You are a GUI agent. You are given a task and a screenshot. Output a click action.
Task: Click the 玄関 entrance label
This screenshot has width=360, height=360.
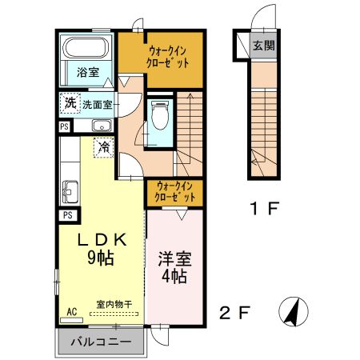pos(263,44)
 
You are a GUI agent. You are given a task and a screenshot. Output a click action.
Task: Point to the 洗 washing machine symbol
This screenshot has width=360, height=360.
pos(70,103)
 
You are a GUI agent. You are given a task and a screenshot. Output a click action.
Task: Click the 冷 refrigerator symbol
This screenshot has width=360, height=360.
pos(103,147)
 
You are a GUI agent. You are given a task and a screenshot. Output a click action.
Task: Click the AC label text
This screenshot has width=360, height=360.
pos(71,311)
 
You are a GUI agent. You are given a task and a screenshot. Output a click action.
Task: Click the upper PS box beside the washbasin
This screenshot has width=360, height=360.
pos(64,126)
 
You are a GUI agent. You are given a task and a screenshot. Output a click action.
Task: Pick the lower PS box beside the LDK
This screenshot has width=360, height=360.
pos(68,214)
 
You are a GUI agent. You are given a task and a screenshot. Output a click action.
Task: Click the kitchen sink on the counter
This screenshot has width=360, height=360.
pos(69,192)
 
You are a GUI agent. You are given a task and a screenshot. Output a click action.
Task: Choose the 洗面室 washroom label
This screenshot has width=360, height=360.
pos(98,104)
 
